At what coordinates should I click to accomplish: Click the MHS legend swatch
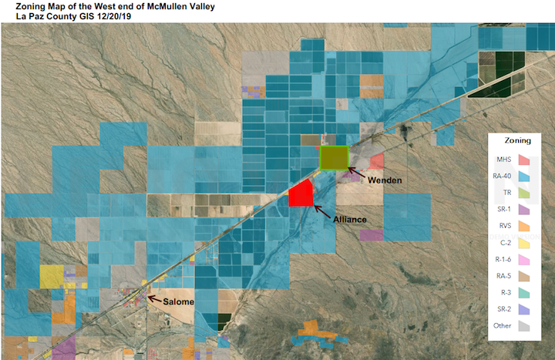[x=526, y=160]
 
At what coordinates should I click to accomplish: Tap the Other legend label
[x=502, y=325]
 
